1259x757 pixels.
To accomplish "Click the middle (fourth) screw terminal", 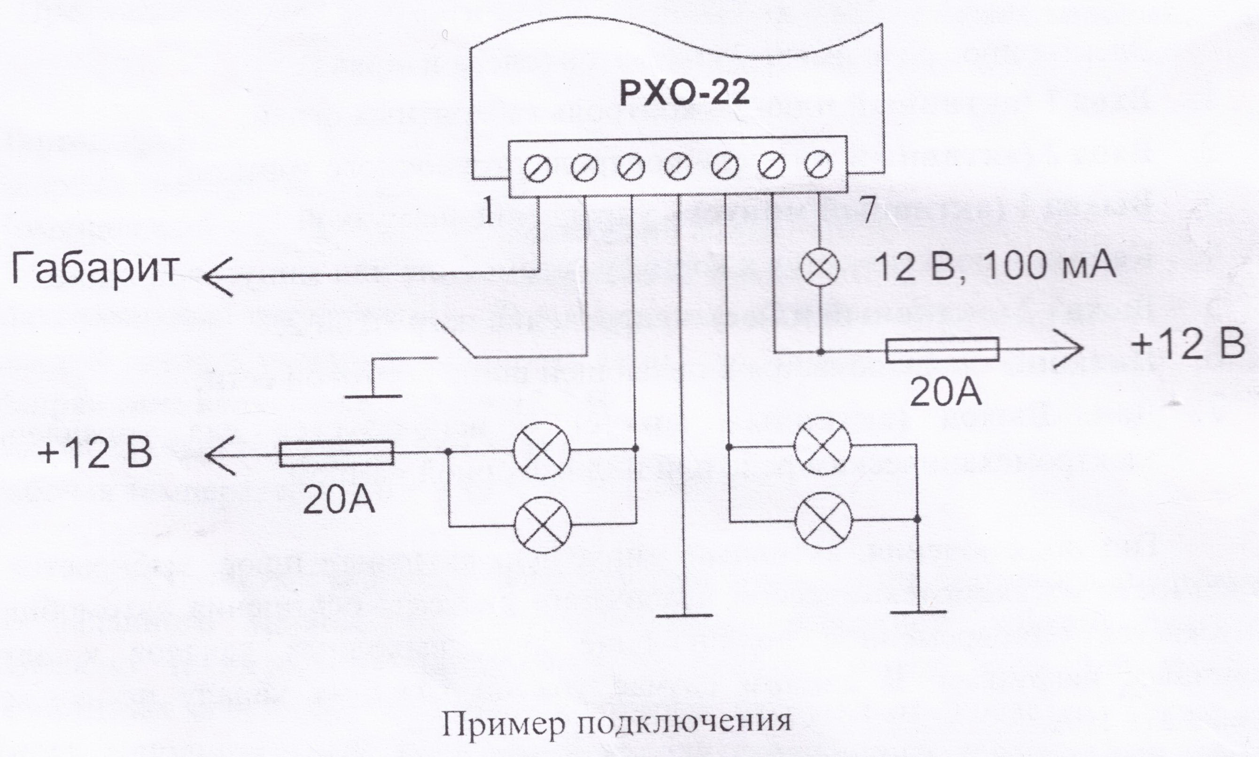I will [x=678, y=167].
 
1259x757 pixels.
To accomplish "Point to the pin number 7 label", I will [x=867, y=211].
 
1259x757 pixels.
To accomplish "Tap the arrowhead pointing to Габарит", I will [x=217, y=277].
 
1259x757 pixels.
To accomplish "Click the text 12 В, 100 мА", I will [x=995, y=267].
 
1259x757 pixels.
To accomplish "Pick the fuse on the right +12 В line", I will [x=941, y=350].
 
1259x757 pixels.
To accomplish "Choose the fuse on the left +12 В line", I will [x=336, y=453].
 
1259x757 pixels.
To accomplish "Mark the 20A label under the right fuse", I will [x=945, y=393].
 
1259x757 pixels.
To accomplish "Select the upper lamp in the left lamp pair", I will [x=542, y=450].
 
